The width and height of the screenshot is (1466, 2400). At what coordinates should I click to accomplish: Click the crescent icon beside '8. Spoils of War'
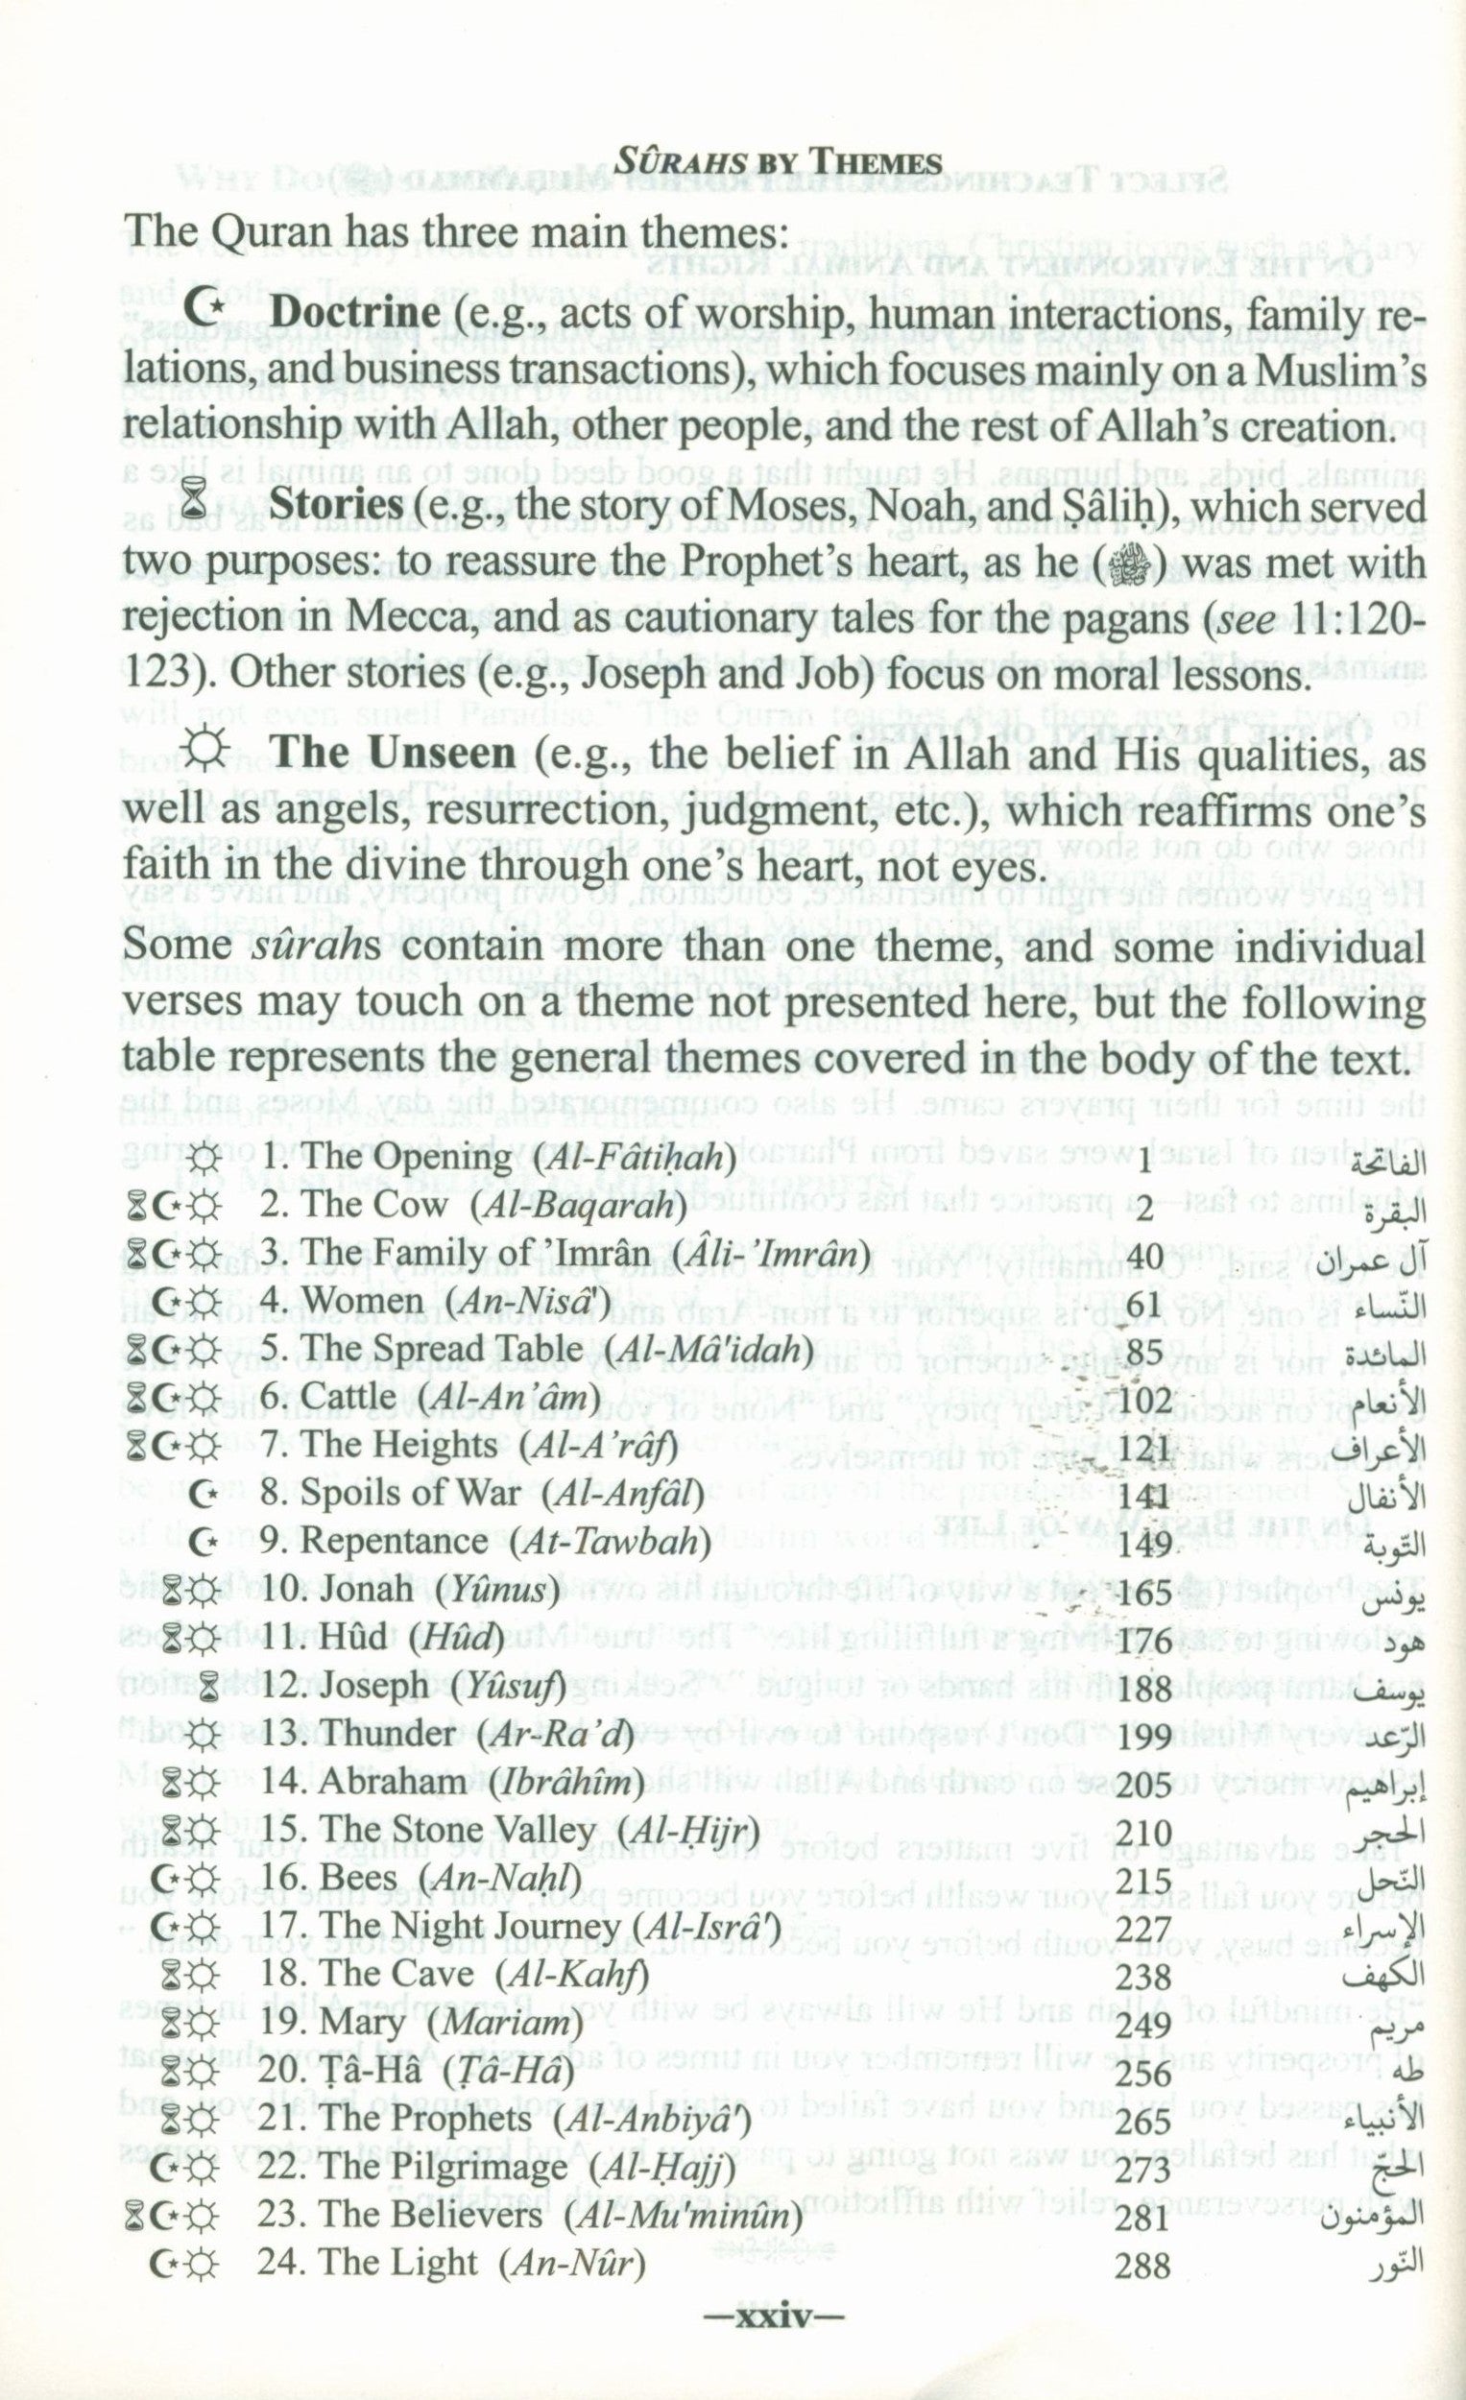[203, 1495]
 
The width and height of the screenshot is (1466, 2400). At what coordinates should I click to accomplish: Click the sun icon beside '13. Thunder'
[204, 1738]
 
